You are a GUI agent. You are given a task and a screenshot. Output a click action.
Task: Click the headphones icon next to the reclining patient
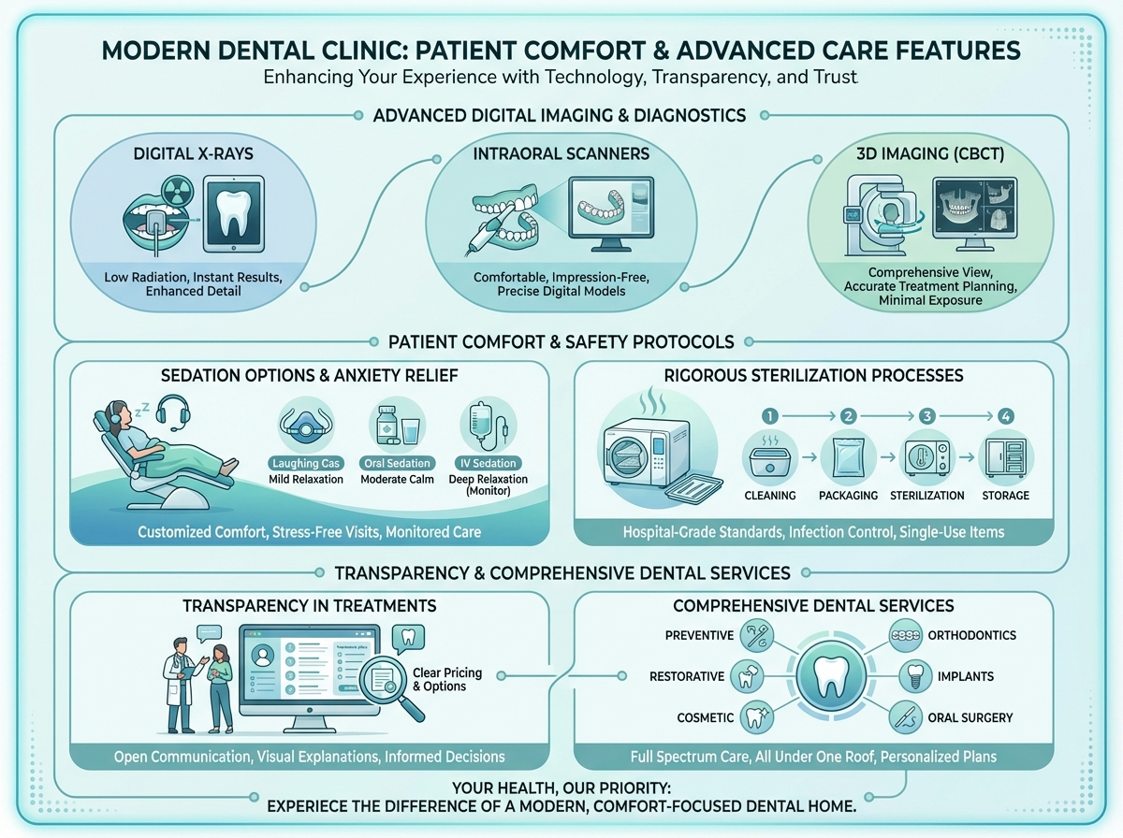click(x=171, y=411)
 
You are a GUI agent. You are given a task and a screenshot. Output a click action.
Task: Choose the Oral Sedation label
click(x=400, y=463)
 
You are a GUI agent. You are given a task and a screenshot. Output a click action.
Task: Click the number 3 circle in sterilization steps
click(x=926, y=415)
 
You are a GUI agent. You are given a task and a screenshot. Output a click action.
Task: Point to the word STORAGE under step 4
click(x=1005, y=496)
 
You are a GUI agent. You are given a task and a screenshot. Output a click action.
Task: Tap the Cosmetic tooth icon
click(x=755, y=717)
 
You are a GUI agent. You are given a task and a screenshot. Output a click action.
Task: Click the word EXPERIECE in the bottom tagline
click(x=320, y=805)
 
